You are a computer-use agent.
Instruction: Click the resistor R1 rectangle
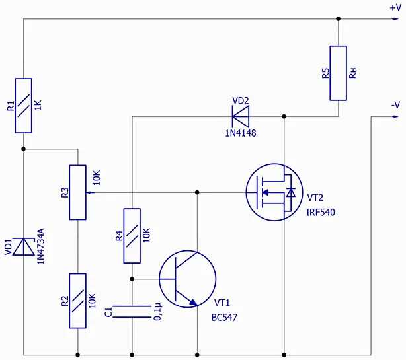pos(23,106)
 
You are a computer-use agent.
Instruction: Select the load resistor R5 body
pos(338,73)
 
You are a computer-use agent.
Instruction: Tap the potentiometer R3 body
pos(77,192)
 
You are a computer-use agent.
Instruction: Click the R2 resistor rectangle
pos(77,301)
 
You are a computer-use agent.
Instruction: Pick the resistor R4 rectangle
pos(132,236)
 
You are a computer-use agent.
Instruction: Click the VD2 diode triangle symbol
pos(241,116)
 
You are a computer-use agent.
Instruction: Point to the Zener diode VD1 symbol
pos(24,247)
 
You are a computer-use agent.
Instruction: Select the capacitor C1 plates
pos(132,312)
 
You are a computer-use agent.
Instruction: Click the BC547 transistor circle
pos(188,279)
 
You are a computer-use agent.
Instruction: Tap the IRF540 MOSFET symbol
pos(274,192)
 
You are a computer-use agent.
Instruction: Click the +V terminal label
pos(395,8)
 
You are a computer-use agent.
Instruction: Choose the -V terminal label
pos(395,105)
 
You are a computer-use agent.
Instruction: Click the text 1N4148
pos(241,133)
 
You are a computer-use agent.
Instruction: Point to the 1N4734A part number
pos(41,246)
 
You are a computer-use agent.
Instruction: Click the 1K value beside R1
pos(38,105)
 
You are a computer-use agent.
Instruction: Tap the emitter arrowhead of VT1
pos(193,302)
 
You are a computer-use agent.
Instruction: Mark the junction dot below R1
pos(24,149)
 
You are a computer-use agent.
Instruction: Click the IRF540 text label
pos(321,213)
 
